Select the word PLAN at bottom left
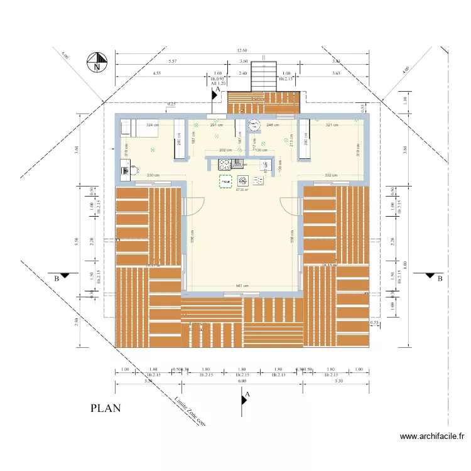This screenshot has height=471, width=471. click(x=106, y=408)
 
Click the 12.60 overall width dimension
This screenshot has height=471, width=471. click(x=242, y=51)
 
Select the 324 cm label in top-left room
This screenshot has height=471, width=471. click(x=151, y=126)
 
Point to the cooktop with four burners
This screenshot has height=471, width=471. click(x=225, y=165)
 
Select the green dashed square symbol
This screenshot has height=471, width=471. click(x=225, y=181)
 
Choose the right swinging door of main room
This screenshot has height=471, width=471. click(x=291, y=206)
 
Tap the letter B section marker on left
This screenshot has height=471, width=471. click(x=57, y=278)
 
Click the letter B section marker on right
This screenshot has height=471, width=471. click(x=440, y=278)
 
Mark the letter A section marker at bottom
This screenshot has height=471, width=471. click(x=247, y=394)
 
